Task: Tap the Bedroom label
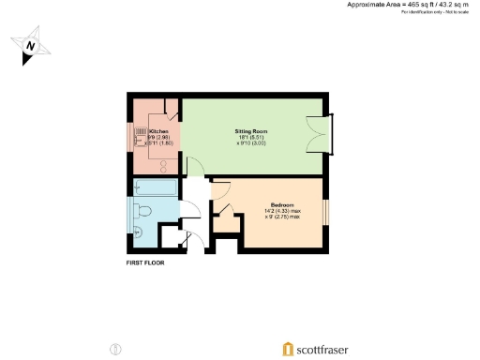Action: point(284,203)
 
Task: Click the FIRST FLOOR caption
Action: point(145,263)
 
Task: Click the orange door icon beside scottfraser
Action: point(286,349)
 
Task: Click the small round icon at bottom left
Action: point(115,349)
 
